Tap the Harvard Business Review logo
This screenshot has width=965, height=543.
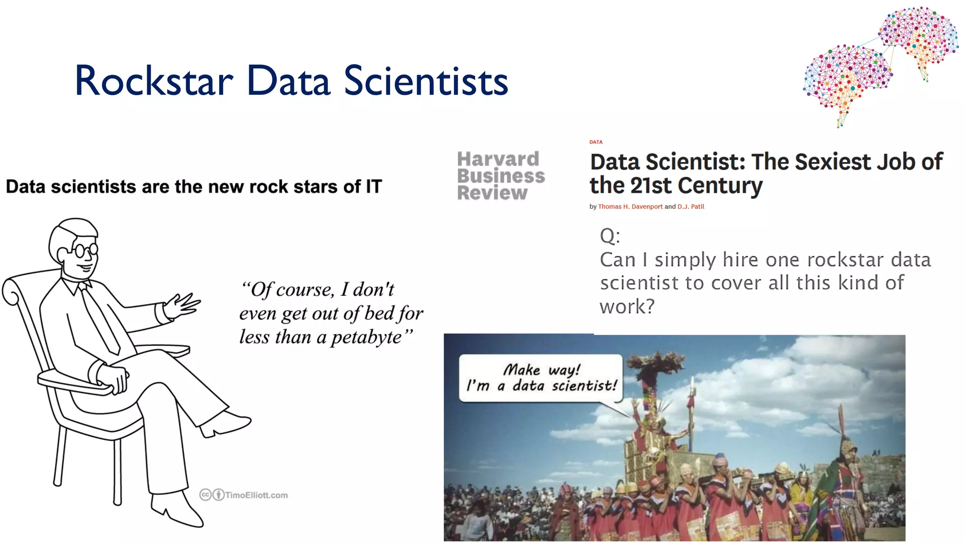[500, 176]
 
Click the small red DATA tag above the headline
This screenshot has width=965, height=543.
[596, 142]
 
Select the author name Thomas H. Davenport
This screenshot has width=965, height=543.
[630, 206]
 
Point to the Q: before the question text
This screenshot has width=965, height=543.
[610, 236]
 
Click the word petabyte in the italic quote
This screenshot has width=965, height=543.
[366, 337]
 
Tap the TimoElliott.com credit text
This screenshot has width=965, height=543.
[256, 495]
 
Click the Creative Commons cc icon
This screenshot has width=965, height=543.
[205, 494]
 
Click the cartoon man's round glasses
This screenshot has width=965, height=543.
[85, 250]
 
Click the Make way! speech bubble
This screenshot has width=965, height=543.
[541, 378]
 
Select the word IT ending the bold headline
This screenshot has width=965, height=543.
[374, 187]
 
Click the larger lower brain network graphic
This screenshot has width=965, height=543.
[847, 78]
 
